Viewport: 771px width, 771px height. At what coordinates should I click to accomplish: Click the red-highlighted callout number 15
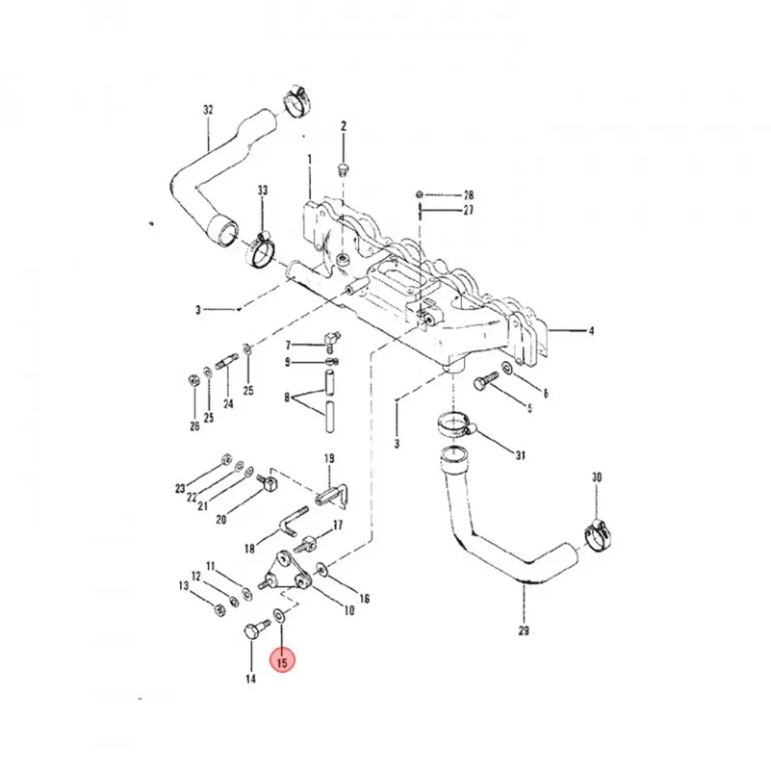click(x=283, y=662)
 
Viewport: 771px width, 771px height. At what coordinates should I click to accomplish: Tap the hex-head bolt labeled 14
click(x=252, y=629)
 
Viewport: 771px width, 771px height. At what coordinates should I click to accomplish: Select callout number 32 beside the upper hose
click(x=208, y=110)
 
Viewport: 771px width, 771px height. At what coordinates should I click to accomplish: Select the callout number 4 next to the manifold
click(x=591, y=332)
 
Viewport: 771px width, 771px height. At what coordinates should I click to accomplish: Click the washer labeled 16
click(x=321, y=569)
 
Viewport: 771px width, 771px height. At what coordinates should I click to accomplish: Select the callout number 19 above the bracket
click(x=329, y=459)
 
